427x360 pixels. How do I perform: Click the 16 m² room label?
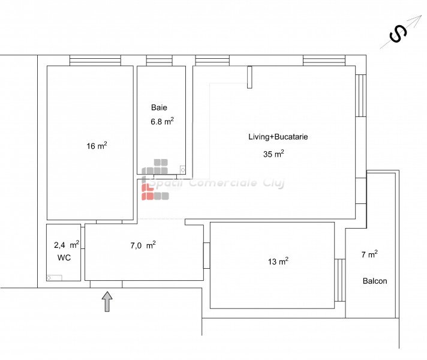pyautogui.click(x=97, y=146)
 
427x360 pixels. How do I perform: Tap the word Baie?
pyautogui.click(x=159, y=107)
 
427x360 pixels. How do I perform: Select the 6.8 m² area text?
pyautogui.click(x=163, y=121)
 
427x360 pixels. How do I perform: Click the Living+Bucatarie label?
pyautogui.click(x=278, y=137)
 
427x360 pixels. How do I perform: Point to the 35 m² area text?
pyautogui.click(x=273, y=154)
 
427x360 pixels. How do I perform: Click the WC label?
pyautogui.click(x=64, y=257)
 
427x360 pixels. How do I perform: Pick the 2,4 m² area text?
pyautogui.click(x=67, y=245)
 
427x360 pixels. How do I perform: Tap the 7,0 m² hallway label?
pyautogui.click(x=143, y=245)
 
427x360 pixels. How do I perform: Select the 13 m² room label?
pyautogui.click(x=278, y=261)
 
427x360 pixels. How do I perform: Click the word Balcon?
pyautogui.click(x=375, y=281)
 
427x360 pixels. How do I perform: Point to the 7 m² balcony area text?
pyautogui.click(x=369, y=254)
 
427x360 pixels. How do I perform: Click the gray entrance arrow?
pyautogui.click(x=107, y=301)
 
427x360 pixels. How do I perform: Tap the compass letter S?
pyautogui.click(x=398, y=34)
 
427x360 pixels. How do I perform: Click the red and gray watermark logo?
pyautogui.click(x=155, y=179)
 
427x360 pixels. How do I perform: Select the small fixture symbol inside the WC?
pyautogui.click(x=55, y=278)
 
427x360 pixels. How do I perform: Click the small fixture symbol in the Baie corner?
pyautogui.click(x=183, y=170)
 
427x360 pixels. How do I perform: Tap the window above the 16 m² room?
pyautogui.click(x=95, y=60)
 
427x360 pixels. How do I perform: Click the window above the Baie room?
pyautogui.click(x=160, y=60)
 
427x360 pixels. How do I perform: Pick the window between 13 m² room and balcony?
pyautogui.click(x=340, y=280)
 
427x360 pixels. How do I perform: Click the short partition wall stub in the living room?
pyautogui.click(x=249, y=77)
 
